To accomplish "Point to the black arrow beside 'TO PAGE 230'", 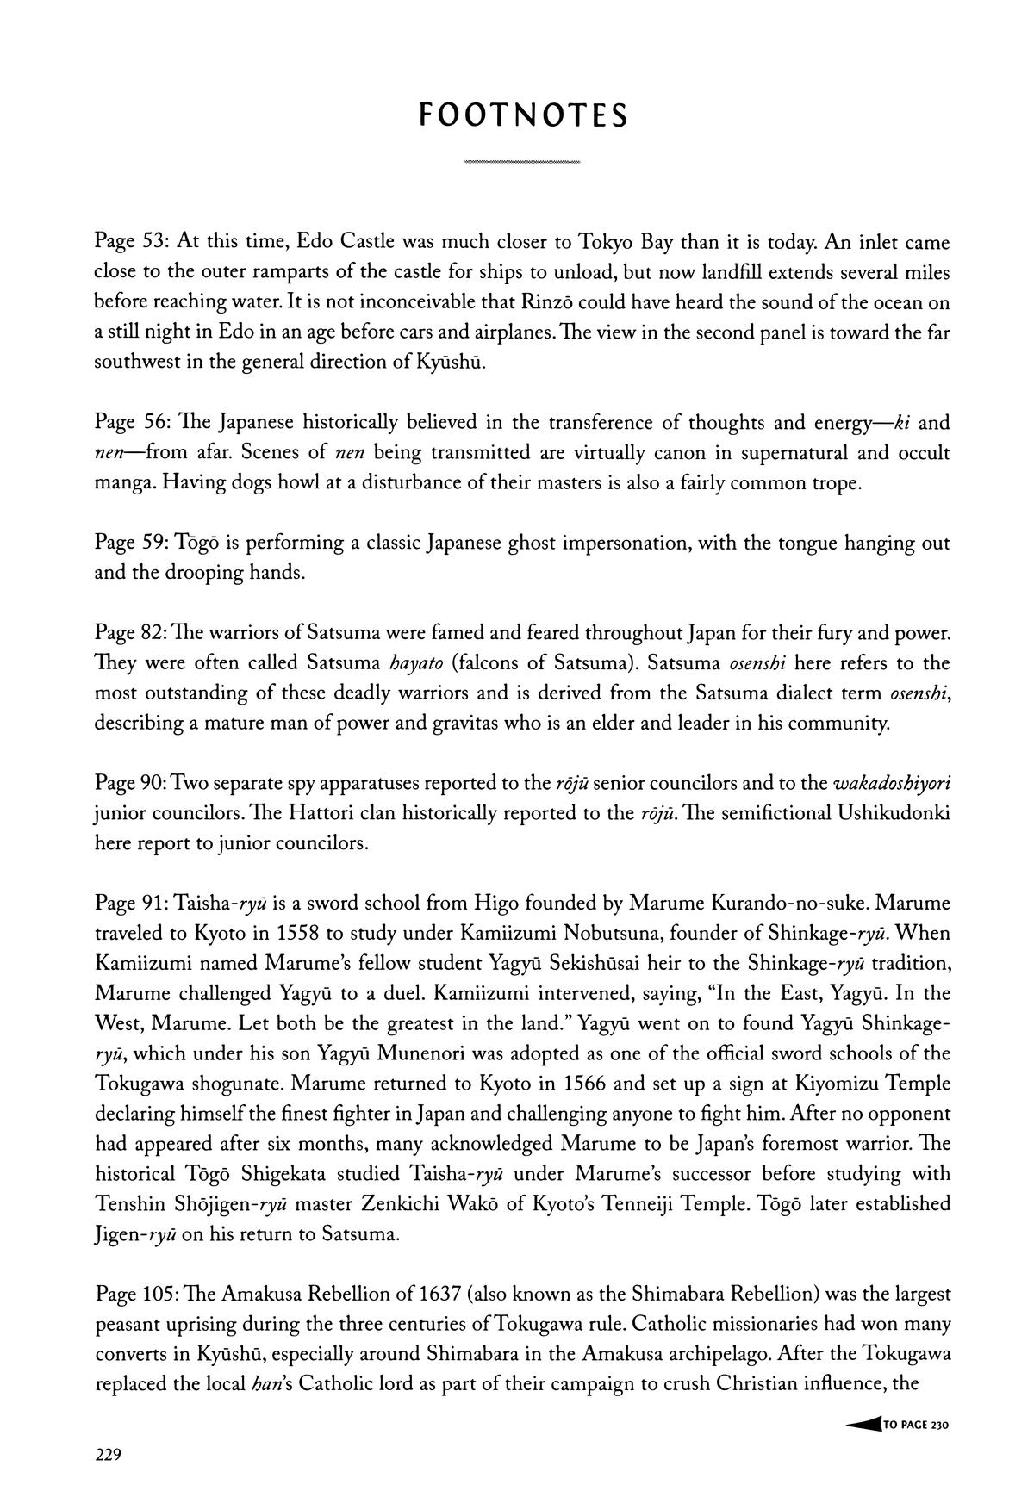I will (863, 1425).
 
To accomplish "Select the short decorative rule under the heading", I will (521, 162).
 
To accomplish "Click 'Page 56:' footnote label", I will (132, 423).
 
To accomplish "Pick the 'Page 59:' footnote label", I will (132, 544).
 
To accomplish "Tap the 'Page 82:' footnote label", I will (132, 634).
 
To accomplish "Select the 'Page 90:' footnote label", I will (132, 784).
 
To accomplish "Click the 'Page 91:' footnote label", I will (132, 904).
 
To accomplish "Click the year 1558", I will (298, 934).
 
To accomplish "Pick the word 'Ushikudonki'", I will (893, 814).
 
